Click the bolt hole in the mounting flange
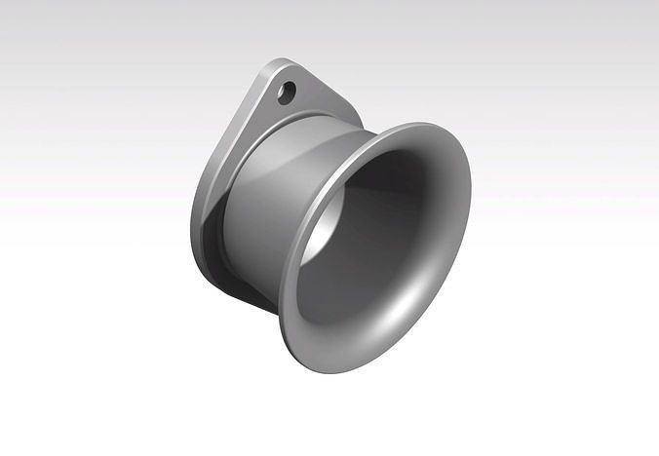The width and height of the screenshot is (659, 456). coord(286,93)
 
